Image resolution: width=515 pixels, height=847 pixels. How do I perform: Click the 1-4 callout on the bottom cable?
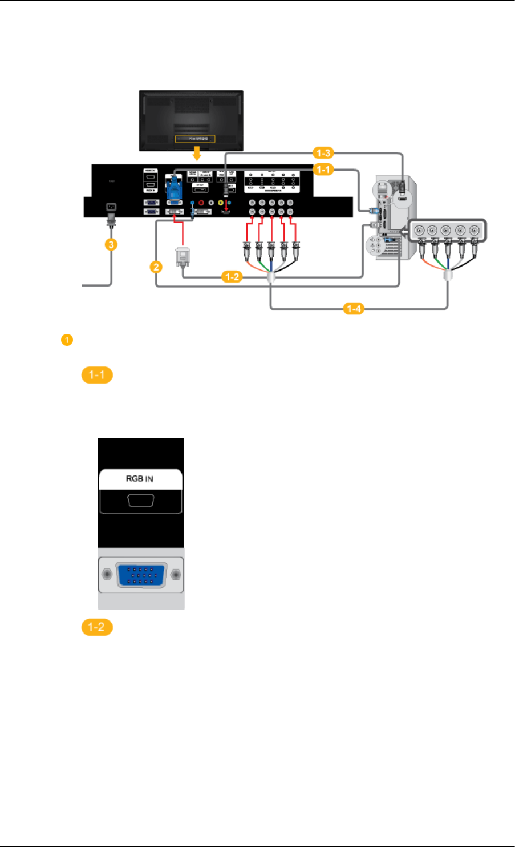tap(354, 309)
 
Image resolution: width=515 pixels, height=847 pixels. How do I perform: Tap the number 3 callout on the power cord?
tap(111, 244)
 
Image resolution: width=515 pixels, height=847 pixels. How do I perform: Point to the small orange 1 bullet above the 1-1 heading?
tap(66, 341)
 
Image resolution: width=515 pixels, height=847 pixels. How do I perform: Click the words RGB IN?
tap(139, 478)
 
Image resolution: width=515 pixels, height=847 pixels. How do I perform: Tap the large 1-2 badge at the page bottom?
tap(97, 627)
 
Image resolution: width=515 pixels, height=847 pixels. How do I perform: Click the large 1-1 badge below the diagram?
tap(97, 376)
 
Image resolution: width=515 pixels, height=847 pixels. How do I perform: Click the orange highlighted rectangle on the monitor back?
tap(195, 139)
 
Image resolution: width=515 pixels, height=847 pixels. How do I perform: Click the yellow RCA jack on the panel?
tap(220, 202)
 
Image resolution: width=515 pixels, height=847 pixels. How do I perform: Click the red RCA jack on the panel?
tap(201, 202)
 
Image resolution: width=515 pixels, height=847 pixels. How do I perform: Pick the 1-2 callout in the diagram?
tap(231, 277)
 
